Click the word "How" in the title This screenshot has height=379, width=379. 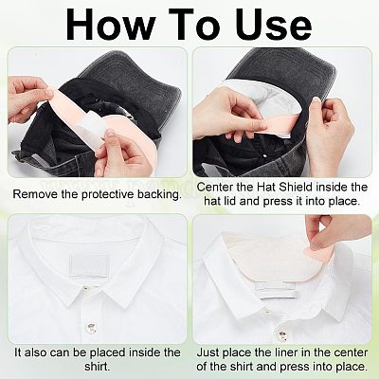pos(111,25)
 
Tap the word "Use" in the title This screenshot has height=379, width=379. pos(274,25)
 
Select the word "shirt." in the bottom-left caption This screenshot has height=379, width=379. pos(98,367)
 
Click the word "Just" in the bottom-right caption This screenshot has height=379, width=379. pos(208,352)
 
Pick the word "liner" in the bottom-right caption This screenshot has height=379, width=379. pos(273,352)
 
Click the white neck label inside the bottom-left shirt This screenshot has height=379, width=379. pos(90,265)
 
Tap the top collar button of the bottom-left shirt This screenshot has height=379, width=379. pos(86,289)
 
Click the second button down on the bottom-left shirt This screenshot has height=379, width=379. pos(91,326)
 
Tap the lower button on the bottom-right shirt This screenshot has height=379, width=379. pos(281,335)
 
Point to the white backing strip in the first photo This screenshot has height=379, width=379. pos(89,129)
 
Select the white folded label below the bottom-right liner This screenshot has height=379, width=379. pos(278,291)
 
